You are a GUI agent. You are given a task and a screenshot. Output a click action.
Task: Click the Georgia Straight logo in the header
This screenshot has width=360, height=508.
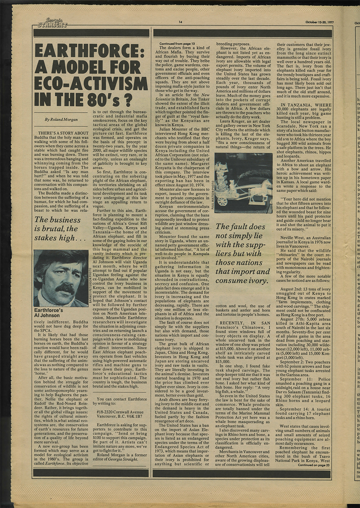pyautogui.click(x=52, y=23)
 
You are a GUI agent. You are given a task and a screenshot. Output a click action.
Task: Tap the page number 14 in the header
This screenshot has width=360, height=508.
pyautogui.click(x=180, y=22)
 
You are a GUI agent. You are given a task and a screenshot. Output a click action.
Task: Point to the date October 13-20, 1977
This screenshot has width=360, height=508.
pyautogui.click(x=319, y=22)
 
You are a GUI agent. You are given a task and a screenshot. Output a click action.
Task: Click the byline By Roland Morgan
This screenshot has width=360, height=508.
pyautogui.click(x=61, y=119)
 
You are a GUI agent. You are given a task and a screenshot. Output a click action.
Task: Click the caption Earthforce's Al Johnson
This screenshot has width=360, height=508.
pyautogui.click(x=47, y=312)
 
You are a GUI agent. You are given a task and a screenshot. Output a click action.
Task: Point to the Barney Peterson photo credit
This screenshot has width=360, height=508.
pyautogui.click(x=90, y=285)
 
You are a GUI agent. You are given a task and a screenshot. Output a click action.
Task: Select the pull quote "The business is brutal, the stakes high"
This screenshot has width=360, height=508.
pyautogui.click(x=58, y=229)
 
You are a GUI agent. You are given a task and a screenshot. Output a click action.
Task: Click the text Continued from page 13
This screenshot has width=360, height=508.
pyautogui.click(x=177, y=44)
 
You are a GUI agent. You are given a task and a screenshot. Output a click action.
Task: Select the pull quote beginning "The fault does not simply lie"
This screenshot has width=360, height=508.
pyautogui.click(x=242, y=253)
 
